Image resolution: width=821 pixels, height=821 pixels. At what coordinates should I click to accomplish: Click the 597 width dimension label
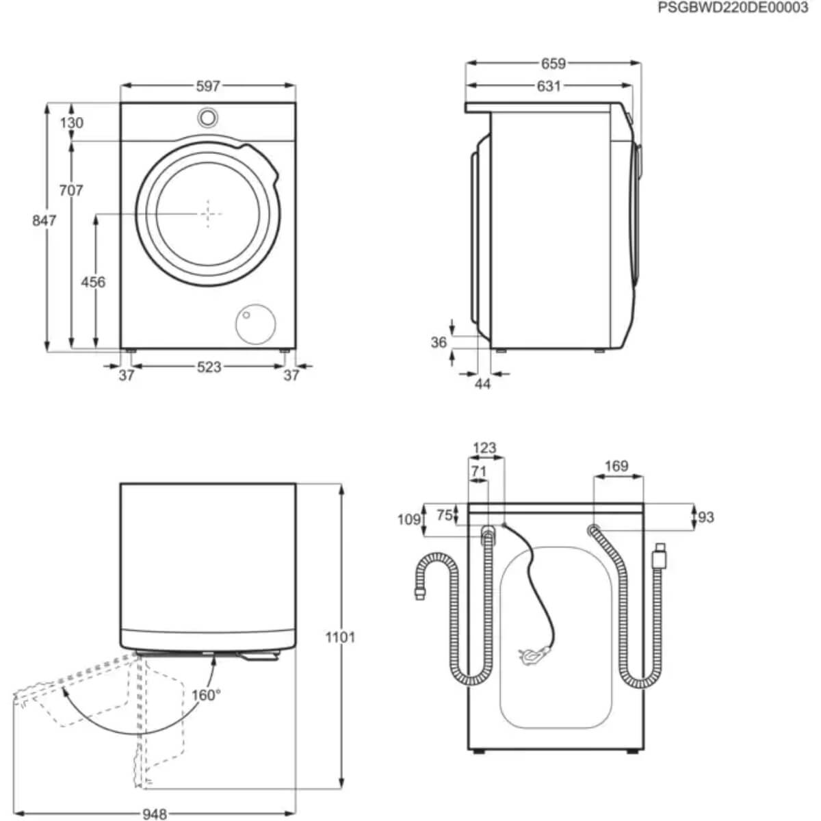(208, 86)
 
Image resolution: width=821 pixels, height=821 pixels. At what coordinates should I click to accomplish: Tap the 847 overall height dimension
(44, 220)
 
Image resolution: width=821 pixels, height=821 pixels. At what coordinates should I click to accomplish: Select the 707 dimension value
(70, 190)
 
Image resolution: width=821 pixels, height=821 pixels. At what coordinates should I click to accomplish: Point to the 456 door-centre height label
(93, 282)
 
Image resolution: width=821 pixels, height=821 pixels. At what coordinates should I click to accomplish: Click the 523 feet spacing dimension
(209, 367)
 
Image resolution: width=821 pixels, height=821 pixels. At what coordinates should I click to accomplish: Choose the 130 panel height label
(71, 122)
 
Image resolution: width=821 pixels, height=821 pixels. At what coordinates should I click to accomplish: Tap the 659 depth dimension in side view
(553, 64)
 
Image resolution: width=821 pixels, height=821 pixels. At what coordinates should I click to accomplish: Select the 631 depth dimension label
(548, 86)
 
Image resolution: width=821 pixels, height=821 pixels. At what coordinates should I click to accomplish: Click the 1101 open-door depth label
(340, 638)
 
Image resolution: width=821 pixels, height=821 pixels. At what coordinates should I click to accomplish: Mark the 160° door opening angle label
(205, 695)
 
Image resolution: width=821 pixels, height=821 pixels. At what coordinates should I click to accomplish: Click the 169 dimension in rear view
(616, 466)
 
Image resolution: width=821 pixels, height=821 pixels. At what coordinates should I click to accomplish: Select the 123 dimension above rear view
(484, 448)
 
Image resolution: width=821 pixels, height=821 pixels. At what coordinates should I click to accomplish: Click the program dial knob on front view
(207, 118)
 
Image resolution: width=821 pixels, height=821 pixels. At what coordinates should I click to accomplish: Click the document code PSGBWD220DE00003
(733, 8)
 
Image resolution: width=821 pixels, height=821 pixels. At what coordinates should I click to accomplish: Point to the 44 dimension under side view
(482, 385)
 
